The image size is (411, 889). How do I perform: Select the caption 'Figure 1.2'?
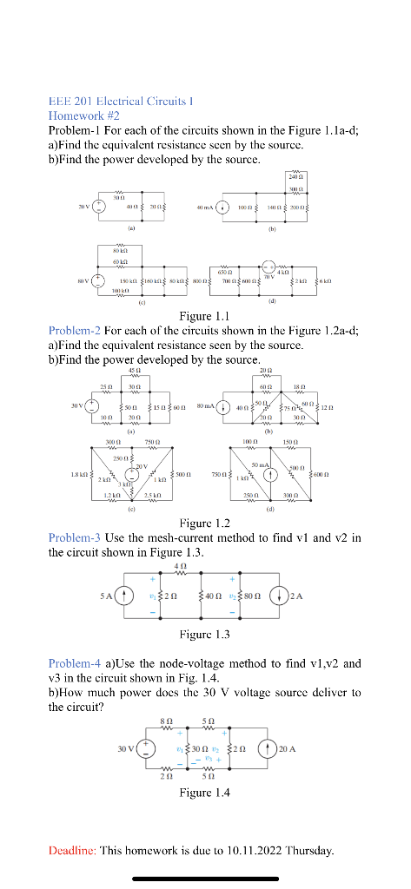click(x=202, y=524)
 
